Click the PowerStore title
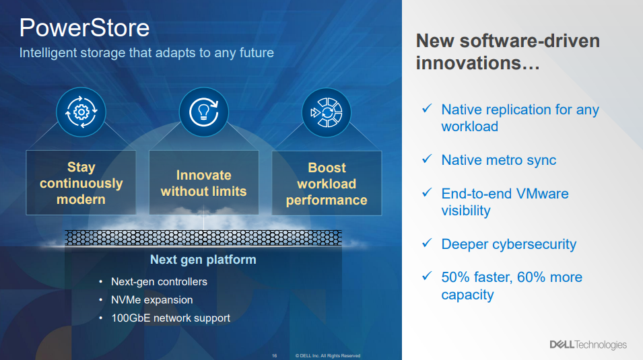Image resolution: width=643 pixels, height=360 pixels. pos(84,28)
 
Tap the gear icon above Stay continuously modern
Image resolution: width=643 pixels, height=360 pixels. pos(81,112)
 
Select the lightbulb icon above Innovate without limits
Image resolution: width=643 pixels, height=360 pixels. pos(204,112)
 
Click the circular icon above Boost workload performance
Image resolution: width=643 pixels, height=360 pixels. pos(327,112)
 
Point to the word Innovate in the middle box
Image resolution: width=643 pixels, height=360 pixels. pos(204,175)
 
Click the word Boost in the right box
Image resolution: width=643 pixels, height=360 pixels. pos(327,168)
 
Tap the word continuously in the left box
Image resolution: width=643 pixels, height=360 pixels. pos(81,183)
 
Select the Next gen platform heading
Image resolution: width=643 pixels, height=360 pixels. pos(203,260)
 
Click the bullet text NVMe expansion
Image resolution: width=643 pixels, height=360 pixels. pos(151,299)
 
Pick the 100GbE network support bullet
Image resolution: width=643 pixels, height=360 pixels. pos(170,318)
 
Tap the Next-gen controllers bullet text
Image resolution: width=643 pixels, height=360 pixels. pos(159,282)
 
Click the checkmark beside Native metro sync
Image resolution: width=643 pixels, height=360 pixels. pos(427,159)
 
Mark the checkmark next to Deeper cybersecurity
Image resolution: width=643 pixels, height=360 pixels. pos(427,243)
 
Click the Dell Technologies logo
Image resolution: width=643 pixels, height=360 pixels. pos(588,345)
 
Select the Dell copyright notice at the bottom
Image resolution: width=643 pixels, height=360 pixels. pos(328,356)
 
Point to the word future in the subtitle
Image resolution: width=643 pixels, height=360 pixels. pos(257,53)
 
